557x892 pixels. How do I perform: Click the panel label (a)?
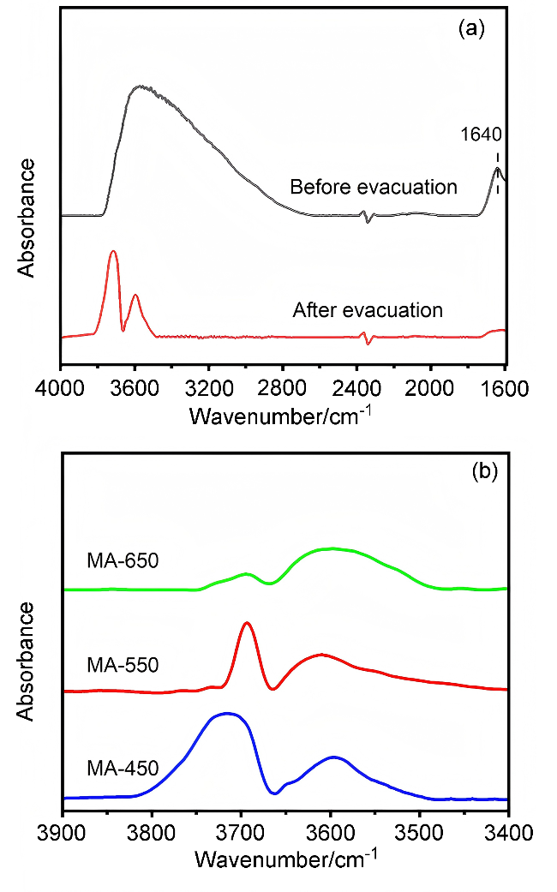[472, 29]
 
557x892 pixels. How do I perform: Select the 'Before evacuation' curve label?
[374, 187]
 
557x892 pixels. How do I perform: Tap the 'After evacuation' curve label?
[368, 309]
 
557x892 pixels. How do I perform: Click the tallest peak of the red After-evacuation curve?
[113, 251]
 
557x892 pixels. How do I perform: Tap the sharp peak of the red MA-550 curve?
[247, 623]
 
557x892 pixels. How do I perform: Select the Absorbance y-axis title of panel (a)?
[27, 216]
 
